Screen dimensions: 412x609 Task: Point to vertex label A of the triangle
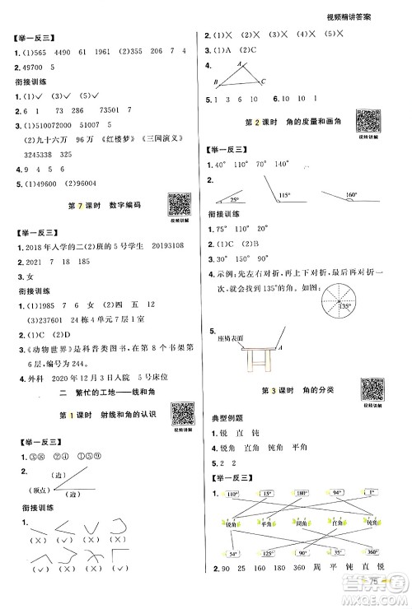[x=239, y=64]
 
